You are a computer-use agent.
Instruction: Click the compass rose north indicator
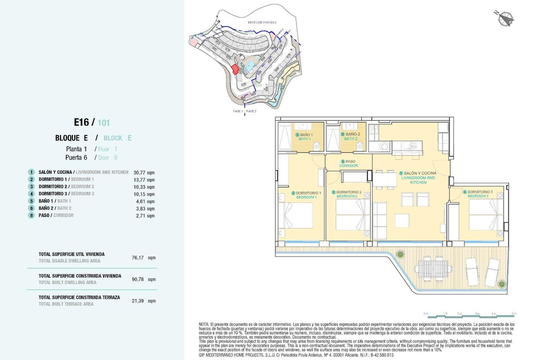(x=506, y=18)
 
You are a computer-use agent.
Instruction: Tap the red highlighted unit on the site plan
(x=234, y=69)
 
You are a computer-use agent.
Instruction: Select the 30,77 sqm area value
(x=141, y=172)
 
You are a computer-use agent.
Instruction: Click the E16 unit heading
(x=84, y=122)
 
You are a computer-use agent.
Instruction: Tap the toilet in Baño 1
(x=318, y=145)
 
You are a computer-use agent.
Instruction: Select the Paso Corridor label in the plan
(x=348, y=163)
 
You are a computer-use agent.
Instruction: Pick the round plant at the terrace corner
(x=501, y=283)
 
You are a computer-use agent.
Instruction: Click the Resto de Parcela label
(x=262, y=22)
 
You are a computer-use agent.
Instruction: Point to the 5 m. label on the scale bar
(x=513, y=313)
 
